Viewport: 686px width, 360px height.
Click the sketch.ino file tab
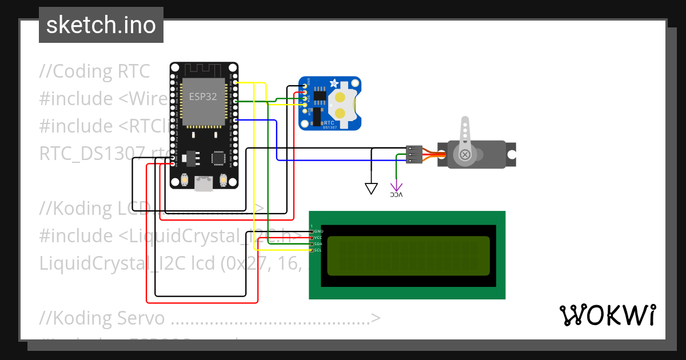coord(101,25)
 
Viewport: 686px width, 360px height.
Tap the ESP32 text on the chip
coord(203,97)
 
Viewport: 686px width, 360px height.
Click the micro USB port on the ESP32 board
coord(204,183)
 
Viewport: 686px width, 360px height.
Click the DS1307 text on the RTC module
coord(329,127)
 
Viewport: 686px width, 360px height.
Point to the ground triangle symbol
coord(372,188)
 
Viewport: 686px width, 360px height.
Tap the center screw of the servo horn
coord(465,154)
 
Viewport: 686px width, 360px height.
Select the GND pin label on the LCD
coord(319,231)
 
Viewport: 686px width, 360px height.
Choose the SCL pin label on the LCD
coord(318,250)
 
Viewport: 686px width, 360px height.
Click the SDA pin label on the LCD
coord(318,244)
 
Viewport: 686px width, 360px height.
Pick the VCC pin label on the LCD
coord(318,237)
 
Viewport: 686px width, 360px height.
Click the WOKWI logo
coord(607,315)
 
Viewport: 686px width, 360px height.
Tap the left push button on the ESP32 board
coord(185,181)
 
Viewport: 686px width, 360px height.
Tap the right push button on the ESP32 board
coord(223,181)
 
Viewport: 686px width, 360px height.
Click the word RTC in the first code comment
coord(134,71)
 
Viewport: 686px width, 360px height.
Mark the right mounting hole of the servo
coord(512,154)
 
